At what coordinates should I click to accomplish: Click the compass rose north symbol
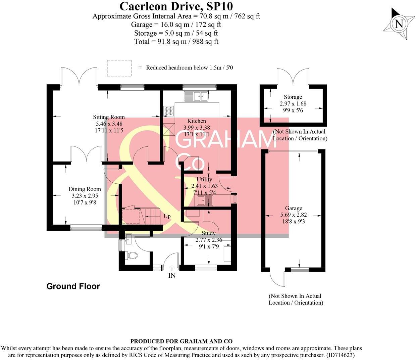coord(399,24)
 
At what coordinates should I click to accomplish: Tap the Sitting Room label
coord(109,117)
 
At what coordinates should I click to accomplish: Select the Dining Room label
coord(85,189)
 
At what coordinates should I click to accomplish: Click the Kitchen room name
coord(197,121)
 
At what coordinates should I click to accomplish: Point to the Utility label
coord(204,179)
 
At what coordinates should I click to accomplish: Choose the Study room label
coord(208,233)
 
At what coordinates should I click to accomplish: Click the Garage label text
coord(294,208)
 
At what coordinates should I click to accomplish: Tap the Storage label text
coord(293,97)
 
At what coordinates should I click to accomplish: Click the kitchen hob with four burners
coord(168,110)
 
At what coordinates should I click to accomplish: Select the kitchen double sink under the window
coord(196,96)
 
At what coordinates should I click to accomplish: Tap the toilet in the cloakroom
coord(132,256)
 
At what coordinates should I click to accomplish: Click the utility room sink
coord(204,201)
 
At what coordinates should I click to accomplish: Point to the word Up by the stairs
coord(167,216)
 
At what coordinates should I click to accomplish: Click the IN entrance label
coord(172,276)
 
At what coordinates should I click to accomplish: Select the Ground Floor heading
coord(73,286)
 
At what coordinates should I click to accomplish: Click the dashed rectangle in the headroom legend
coord(119,68)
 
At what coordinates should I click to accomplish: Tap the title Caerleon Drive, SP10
coord(176,6)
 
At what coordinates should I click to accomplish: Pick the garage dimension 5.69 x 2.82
coord(294,215)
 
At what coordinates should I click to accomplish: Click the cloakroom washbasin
coord(128,240)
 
